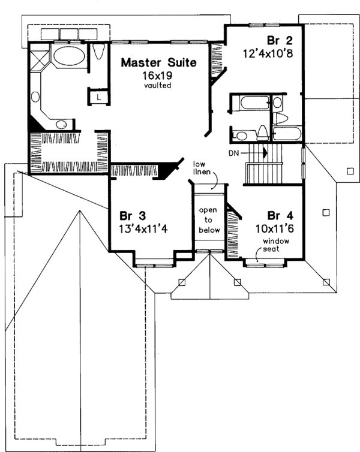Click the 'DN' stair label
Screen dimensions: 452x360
(235, 153)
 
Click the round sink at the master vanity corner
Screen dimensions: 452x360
(61, 124)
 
